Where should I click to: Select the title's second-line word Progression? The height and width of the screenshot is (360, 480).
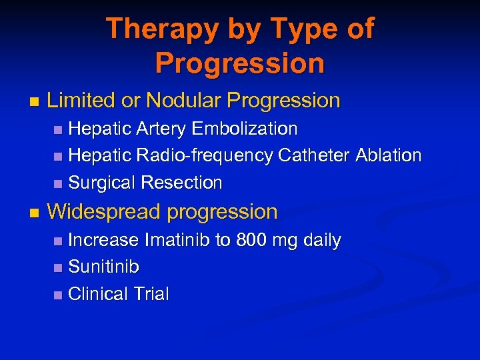tap(240, 63)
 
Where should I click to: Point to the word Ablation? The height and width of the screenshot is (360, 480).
tap(389, 155)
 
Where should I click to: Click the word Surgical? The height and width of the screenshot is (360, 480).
tap(101, 183)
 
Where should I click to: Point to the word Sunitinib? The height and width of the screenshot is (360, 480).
tap(104, 267)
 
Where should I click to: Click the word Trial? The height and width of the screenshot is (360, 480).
tap(150, 294)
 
